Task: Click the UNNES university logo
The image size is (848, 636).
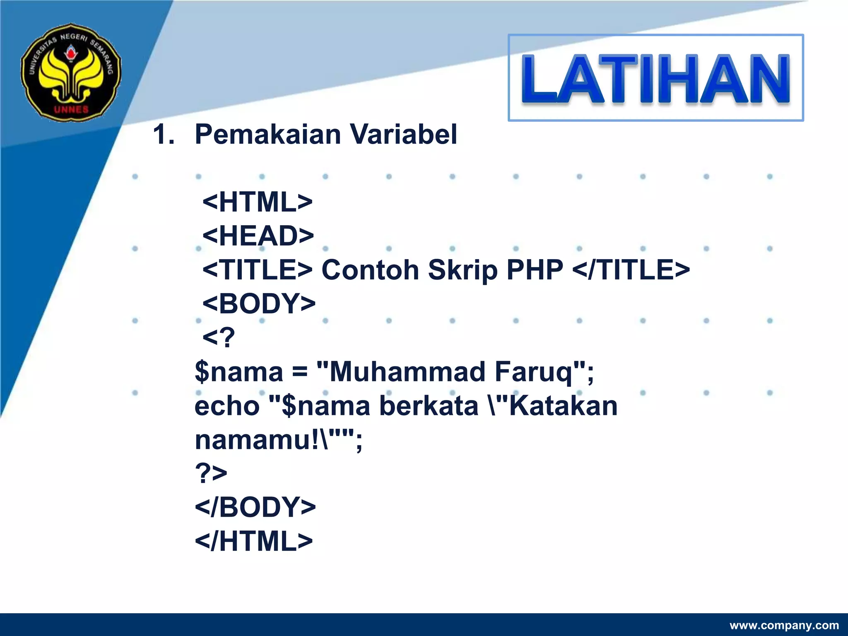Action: [x=71, y=72]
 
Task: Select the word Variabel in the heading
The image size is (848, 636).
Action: [x=404, y=135]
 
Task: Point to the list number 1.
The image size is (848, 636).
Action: [x=163, y=135]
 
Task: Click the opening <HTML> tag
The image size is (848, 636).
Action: [x=257, y=202]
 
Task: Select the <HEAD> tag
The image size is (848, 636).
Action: [x=258, y=236]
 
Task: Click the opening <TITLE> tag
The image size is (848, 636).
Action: [x=257, y=270]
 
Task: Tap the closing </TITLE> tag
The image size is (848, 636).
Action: [x=631, y=270]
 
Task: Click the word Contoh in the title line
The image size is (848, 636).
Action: [x=370, y=270]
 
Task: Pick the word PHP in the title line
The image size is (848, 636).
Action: [x=535, y=270]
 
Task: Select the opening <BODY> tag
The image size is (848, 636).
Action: [x=259, y=304]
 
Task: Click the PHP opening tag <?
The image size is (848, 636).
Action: [x=218, y=338]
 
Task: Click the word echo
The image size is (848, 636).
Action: [x=227, y=406]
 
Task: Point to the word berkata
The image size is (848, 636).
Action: [x=429, y=406]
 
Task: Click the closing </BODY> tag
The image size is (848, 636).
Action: [x=255, y=507]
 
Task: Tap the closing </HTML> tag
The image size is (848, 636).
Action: [x=253, y=541]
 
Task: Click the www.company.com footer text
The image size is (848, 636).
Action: [x=784, y=625]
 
